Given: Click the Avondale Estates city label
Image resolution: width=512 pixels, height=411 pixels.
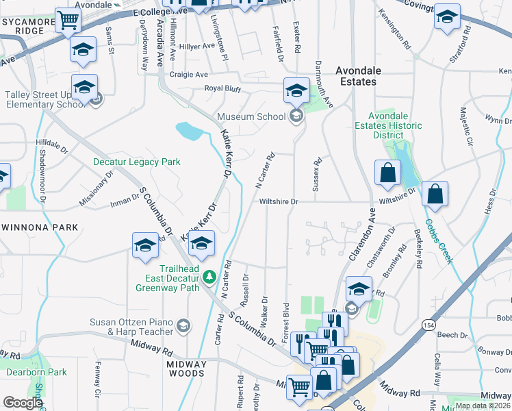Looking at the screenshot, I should click(356, 76).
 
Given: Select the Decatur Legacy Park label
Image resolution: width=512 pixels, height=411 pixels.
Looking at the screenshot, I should click(137, 162).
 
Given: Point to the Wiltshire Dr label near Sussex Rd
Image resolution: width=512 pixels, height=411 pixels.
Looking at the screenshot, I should click(279, 202).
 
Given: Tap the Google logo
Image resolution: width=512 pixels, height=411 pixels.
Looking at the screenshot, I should click(23, 403).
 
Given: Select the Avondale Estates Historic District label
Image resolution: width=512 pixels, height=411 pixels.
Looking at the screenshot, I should click(388, 125).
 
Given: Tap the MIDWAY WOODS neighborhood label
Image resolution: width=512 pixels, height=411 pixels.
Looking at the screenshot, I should click(186, 373).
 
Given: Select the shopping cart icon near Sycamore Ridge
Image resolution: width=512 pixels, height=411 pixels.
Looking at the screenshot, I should click(67, 21).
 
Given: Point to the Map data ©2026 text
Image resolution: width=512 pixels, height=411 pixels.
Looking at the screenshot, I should click(483, 406).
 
